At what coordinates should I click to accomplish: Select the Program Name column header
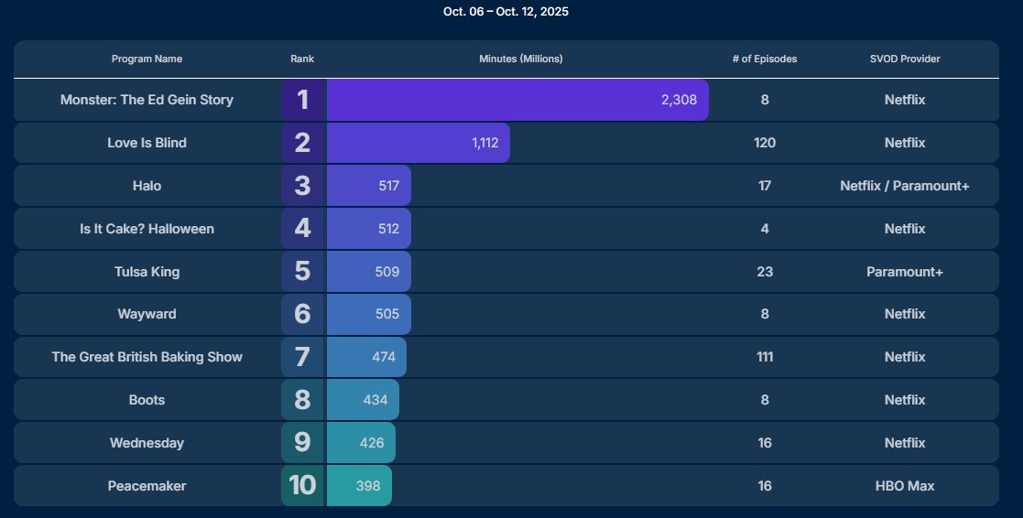pos(147,59)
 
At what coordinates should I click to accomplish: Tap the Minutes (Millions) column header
pos(520,59)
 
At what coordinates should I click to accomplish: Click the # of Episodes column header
pos(765,59)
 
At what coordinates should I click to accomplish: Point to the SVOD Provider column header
pos(905,59)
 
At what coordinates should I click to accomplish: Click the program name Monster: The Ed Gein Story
pos(147,100)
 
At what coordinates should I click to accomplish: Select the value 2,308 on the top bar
pos(679,100)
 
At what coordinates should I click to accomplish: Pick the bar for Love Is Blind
pos(418,143)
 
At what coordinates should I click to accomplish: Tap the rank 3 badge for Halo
pos(303,186)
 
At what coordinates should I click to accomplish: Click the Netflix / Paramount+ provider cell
pos(905,186)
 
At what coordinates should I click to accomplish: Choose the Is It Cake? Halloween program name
pos(147,229)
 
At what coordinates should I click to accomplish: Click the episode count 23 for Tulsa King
pos(765,272)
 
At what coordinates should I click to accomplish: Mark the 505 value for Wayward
pos(387,314)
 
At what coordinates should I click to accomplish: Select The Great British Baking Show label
pos(147,357)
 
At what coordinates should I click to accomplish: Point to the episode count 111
pos(765,357)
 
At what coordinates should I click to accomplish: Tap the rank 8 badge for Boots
pos(303,400)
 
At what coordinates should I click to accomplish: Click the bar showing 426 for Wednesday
pos(361,443)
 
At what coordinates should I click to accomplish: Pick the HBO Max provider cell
pos(905,486)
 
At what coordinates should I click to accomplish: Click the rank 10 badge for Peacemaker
pos(303,486)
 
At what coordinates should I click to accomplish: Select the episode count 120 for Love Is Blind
pos(765,143)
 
